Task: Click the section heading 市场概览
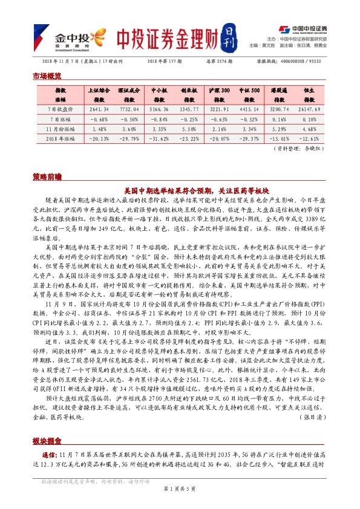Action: [x=47, y=76]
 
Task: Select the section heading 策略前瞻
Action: [x=47, y=177]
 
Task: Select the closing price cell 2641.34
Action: [x=98, y=109]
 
